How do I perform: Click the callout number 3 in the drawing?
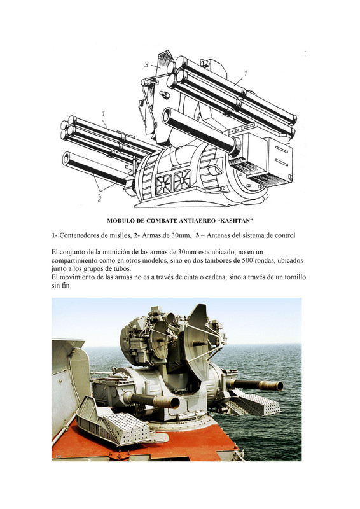pos(146,65)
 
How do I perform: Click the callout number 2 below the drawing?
pos(99,199)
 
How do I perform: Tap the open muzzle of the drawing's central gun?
pos(167,116)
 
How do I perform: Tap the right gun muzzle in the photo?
pos(277,385)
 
